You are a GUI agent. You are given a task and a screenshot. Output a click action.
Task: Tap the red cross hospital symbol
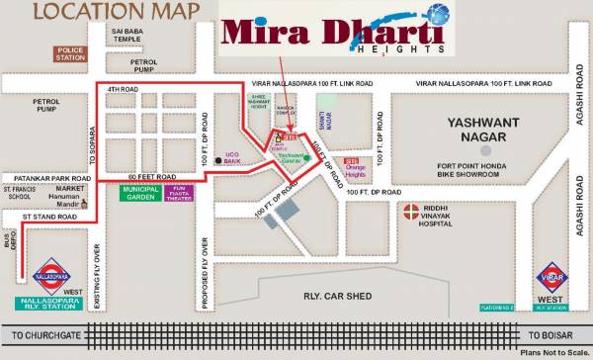click(407, 210)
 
